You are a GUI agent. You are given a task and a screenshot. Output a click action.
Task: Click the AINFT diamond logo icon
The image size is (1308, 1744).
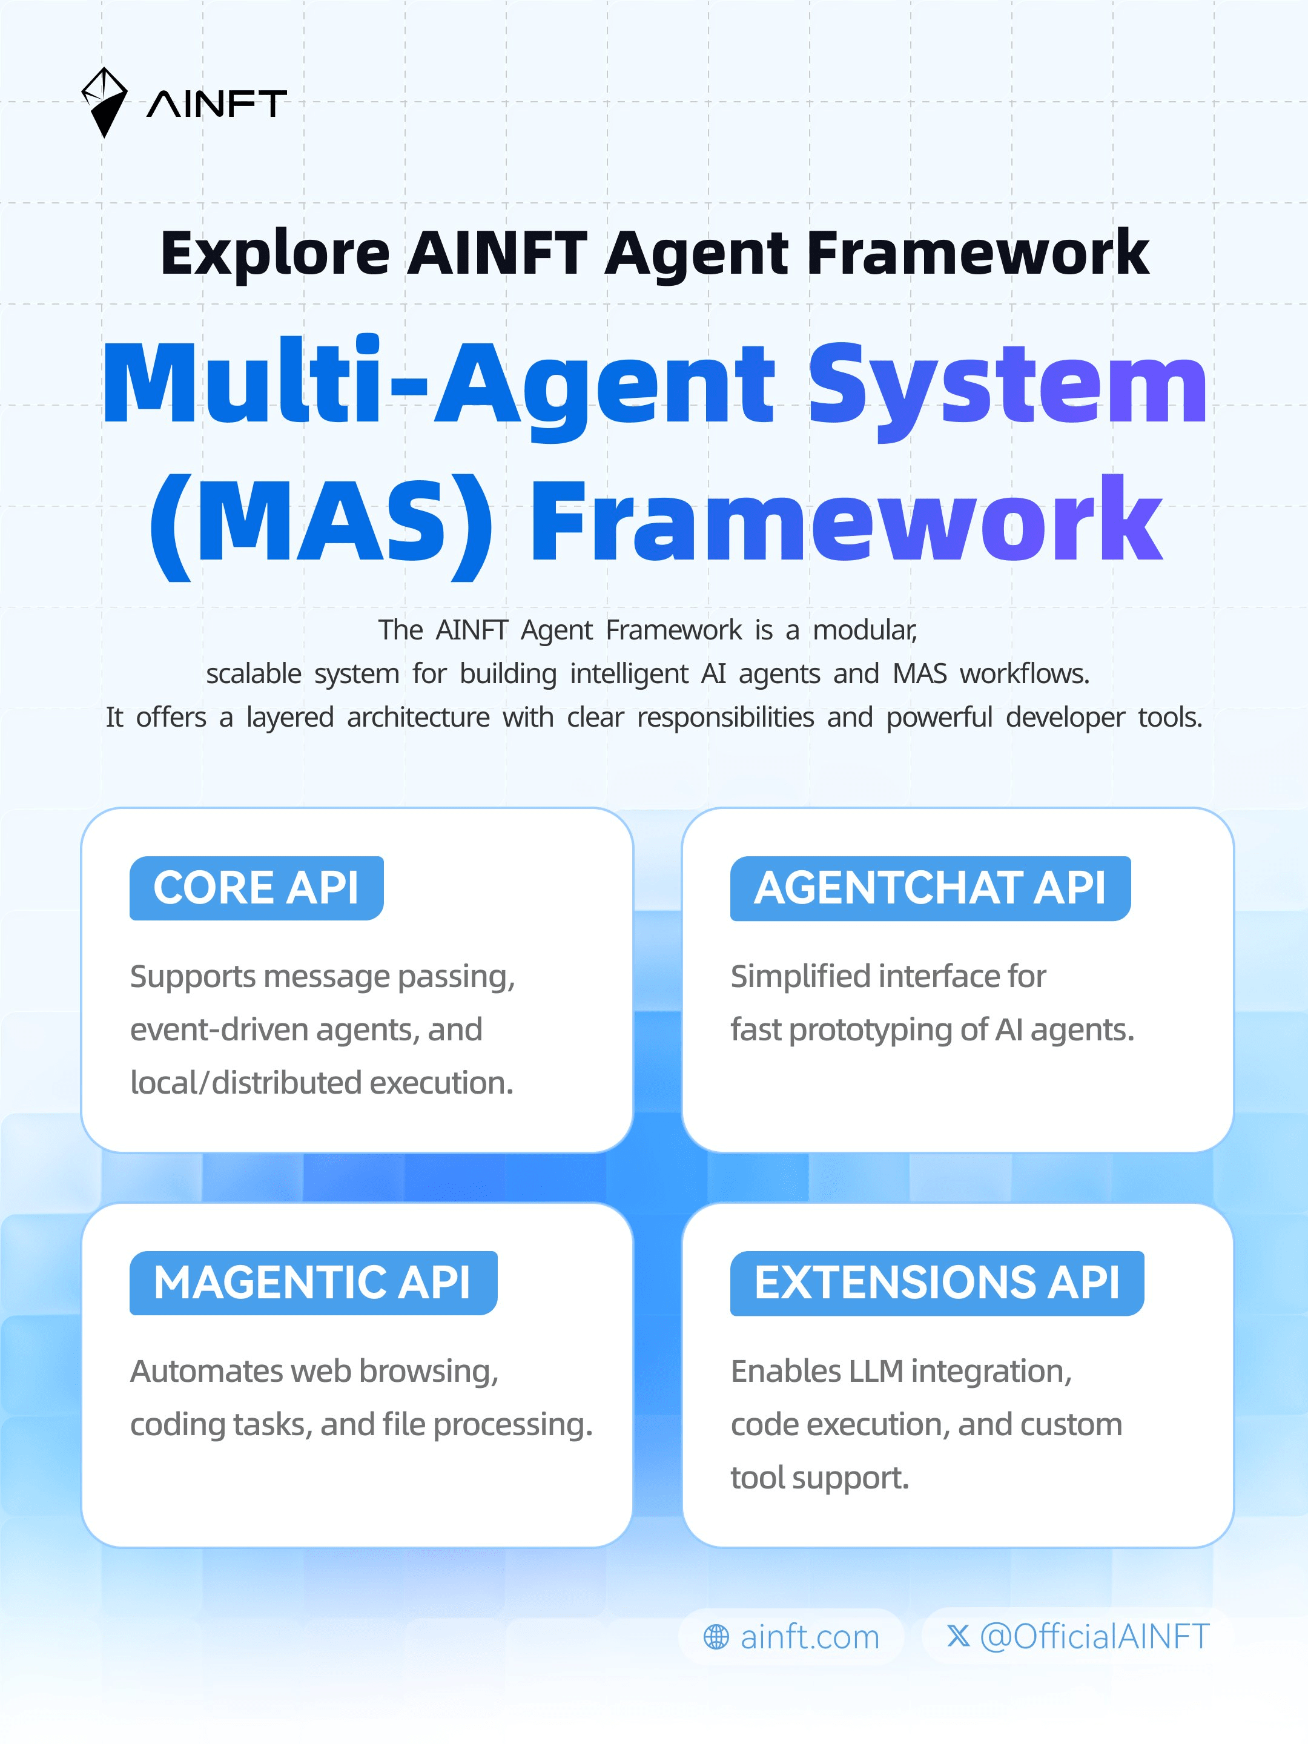pyautogui.click(x=105, y=102)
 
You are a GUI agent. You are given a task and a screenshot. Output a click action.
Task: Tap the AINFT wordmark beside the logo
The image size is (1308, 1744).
pyautogui.click(x=217, y=104)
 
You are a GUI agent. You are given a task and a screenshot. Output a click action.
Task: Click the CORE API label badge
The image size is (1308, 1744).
pyautogui.click(x=256, y=888)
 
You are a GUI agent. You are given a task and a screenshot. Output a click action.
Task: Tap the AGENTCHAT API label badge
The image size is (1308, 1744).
pyautogui.click(x=930, y=888)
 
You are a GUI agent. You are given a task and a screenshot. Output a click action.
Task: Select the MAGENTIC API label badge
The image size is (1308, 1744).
pyautogui.click(x=313, y=1283)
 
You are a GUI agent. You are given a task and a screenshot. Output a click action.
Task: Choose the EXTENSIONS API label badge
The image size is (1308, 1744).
pyautogui.click(x=937, y=1283)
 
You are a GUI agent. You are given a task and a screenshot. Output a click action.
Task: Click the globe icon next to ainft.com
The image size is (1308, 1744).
pyautogui.click(x=716, y=1637)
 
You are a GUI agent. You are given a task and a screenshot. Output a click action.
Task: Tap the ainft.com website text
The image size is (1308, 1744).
pyautogui.click(x=810, y=1637)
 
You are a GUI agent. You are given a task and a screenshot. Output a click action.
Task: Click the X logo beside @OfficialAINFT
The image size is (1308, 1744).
pyautogui.click(x=958, y=1636)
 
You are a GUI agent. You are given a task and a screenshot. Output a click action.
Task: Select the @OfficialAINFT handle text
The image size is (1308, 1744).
pyautogui.click(x=1094, y=1637)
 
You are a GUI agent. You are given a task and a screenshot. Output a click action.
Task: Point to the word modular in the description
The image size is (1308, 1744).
pyautogui.click(x=865, y=630)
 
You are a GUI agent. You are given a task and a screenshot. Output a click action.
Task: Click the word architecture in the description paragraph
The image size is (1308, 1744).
pyautogui.click(x=418, y=718)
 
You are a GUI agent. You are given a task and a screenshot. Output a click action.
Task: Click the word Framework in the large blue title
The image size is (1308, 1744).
pyautogui.click(x=846, y=523)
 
